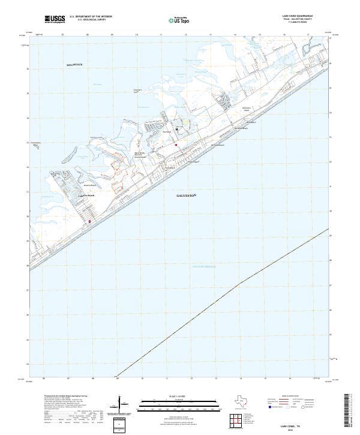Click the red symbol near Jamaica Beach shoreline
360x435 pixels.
click(90, 222)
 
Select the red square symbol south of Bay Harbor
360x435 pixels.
click(176, 145)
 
